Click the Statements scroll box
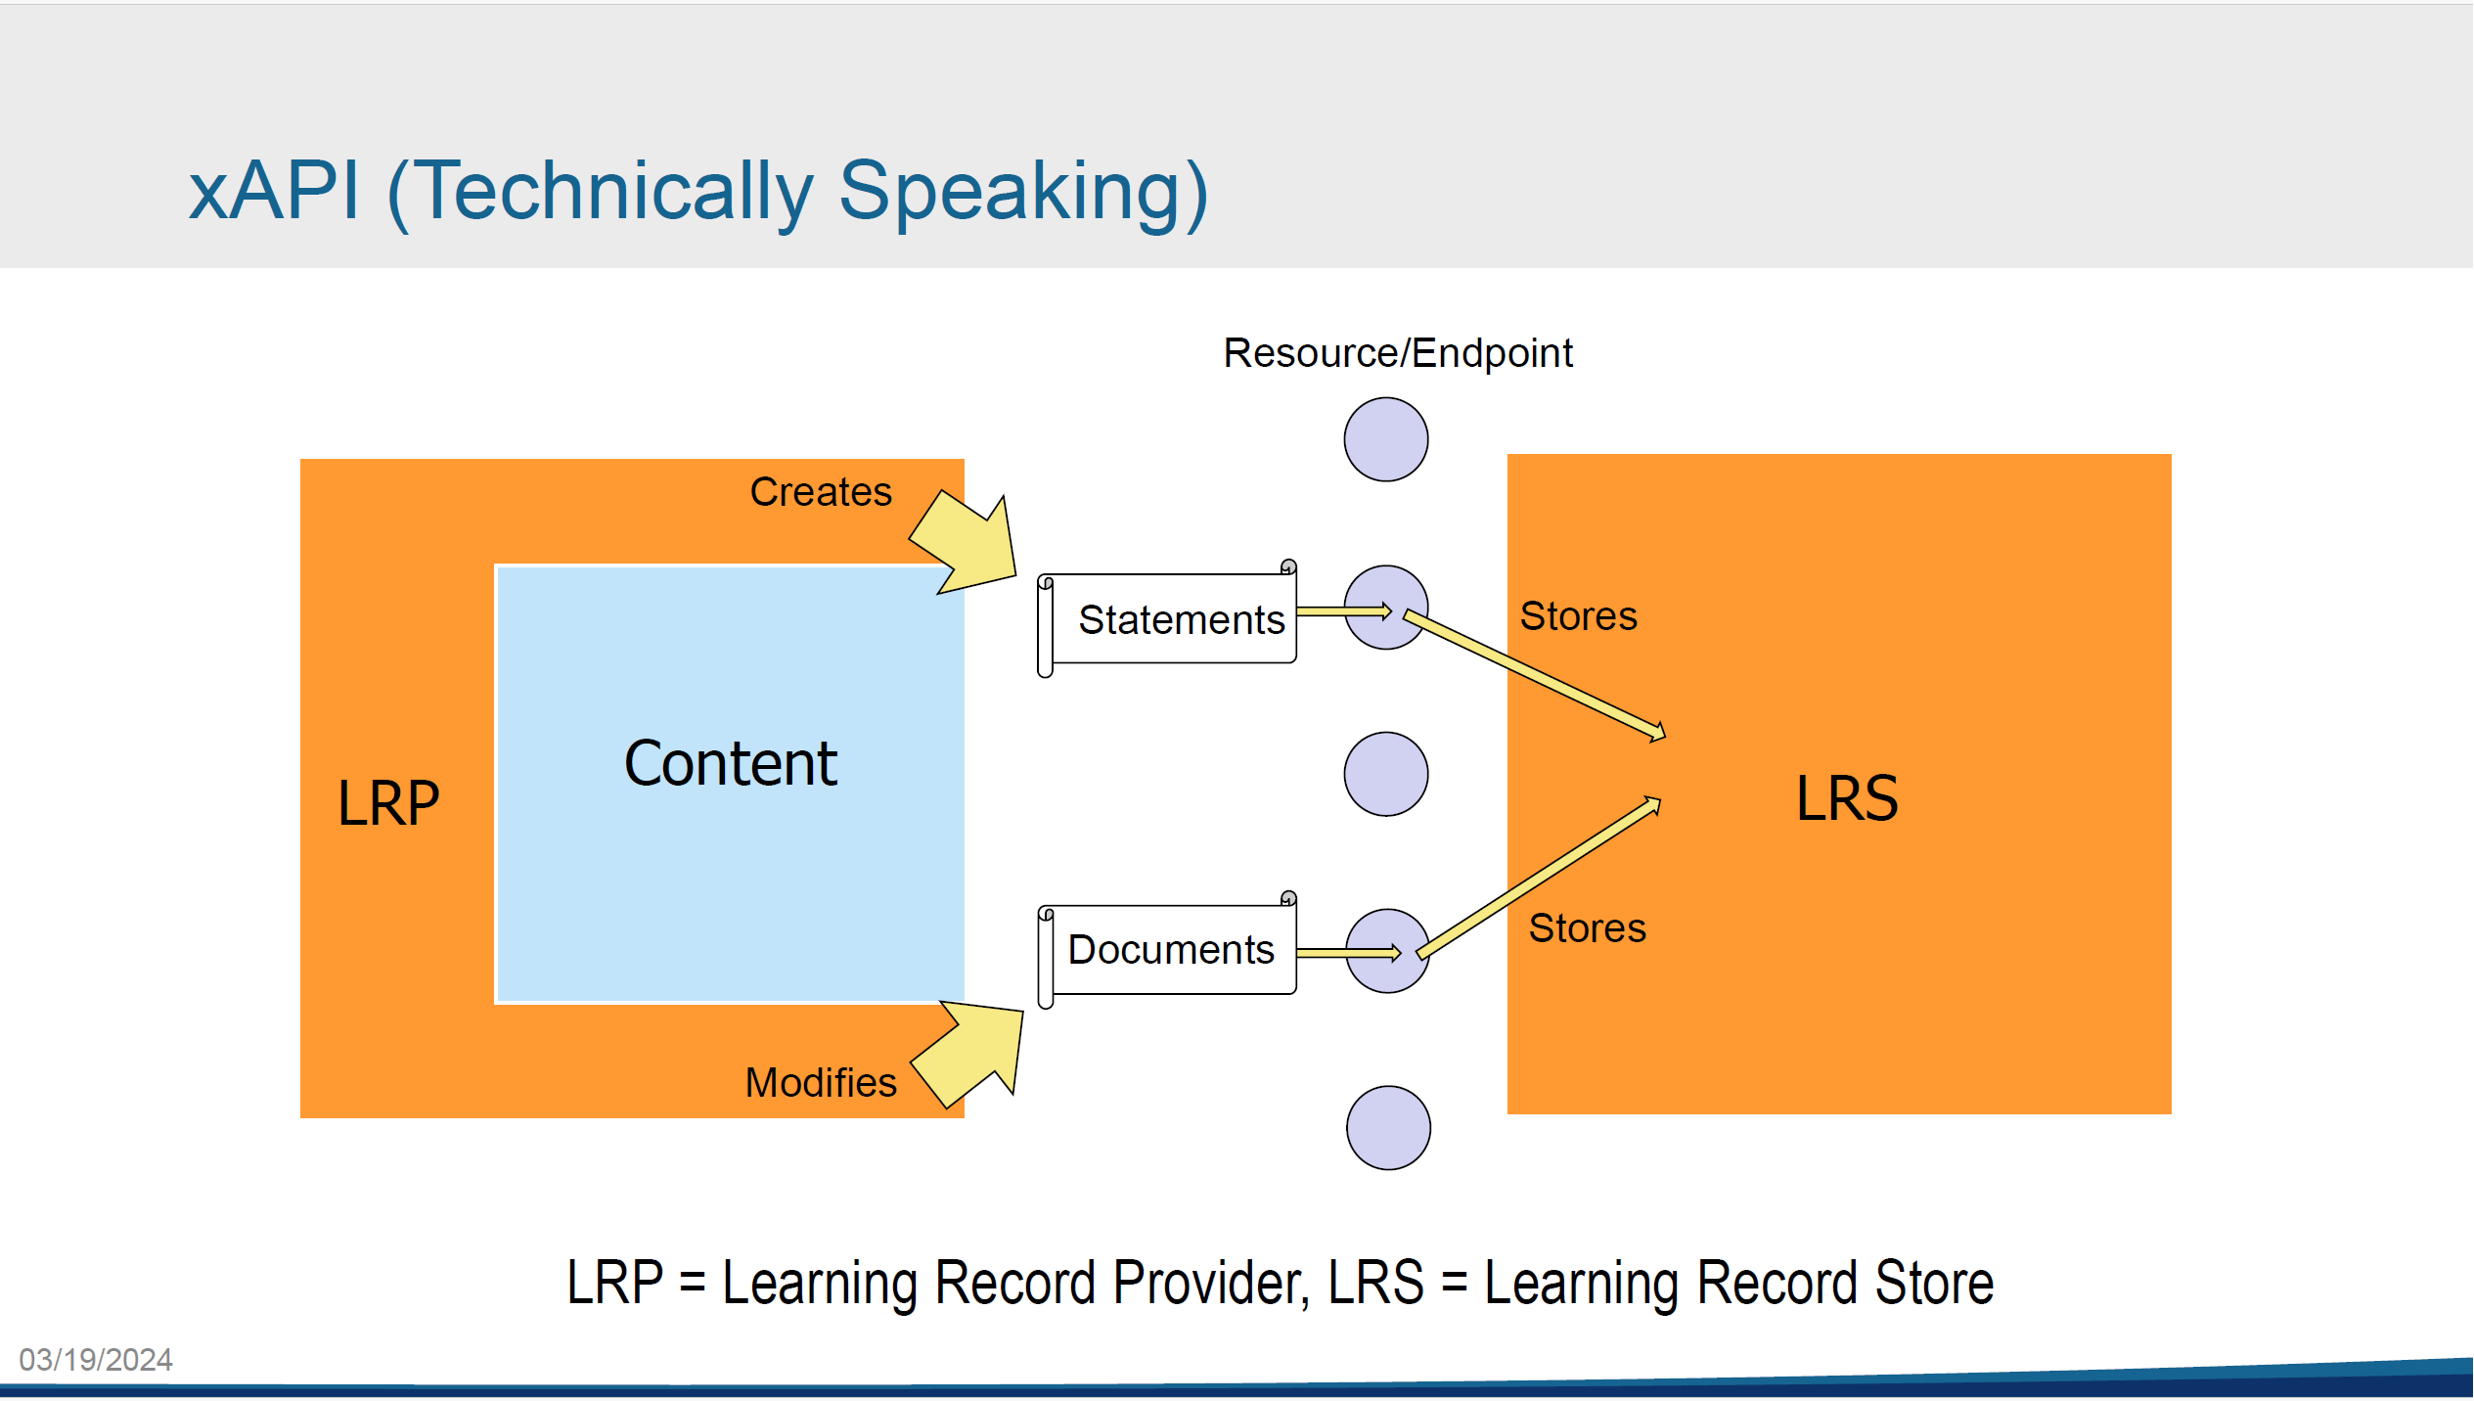pyautogui.click(x=1170, y=618)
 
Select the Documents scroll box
pyautogui.click(x=1170, y=949)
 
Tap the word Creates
pyautogui.click(x=821, y=491)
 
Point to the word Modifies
pyautogui.click(x=821, y=1082)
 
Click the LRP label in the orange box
pyautogui.click(x=388, y=803)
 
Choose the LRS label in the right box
pyautogui.click(x=1847, y=798)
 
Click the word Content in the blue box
pyautogui.click(x=731, y=763)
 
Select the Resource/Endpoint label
pyautogui.click(x=1398, y=352)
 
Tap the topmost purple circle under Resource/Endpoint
pyautogui.click(x=1386, y=439)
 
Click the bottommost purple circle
pyautogui.click(x=1388, y=1127)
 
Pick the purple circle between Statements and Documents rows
pyautogui.click(x=1386, y=774)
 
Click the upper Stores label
pyautogui.click(x=1578, y=616)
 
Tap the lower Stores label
pyautogui.click(x=1587, y=927)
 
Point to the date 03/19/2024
pyautogui.click(x=96, y=1359)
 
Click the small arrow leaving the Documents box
pyautogui.click(x=1348, y=953)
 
